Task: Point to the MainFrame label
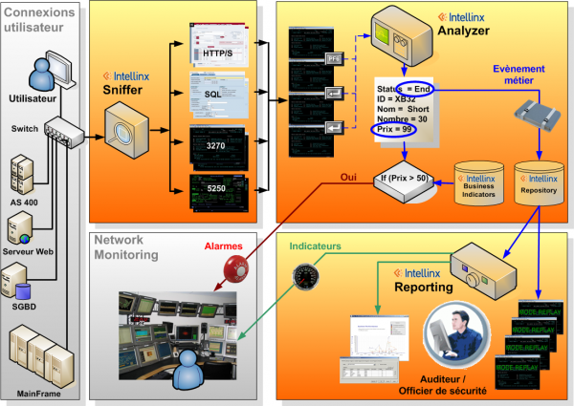pyautogui.click(x=41, y=392)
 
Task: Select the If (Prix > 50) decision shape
pyautogui.click(x=405, y=178)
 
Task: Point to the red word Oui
pyautogui.click(x=349, y=177)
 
